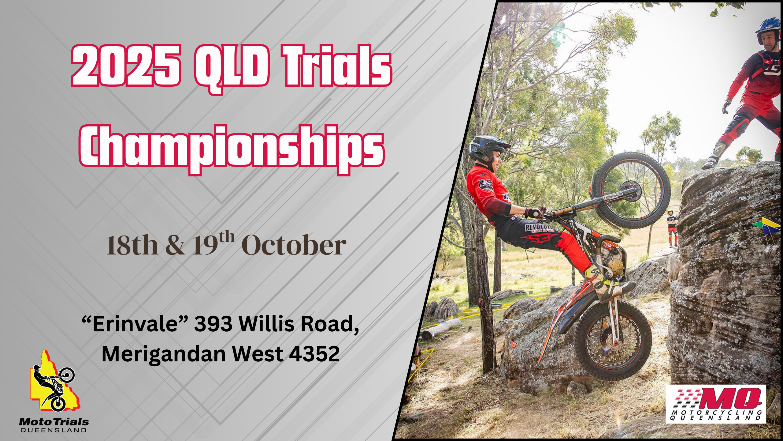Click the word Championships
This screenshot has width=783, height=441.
click(x=232, y=149)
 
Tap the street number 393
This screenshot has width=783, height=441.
click(x=213, y=324)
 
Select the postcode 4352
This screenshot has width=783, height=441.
click(x=314, y=354)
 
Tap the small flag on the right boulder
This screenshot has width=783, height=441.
click(x=769, y=225)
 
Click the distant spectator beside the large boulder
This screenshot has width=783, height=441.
click(x=672, y=228)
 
